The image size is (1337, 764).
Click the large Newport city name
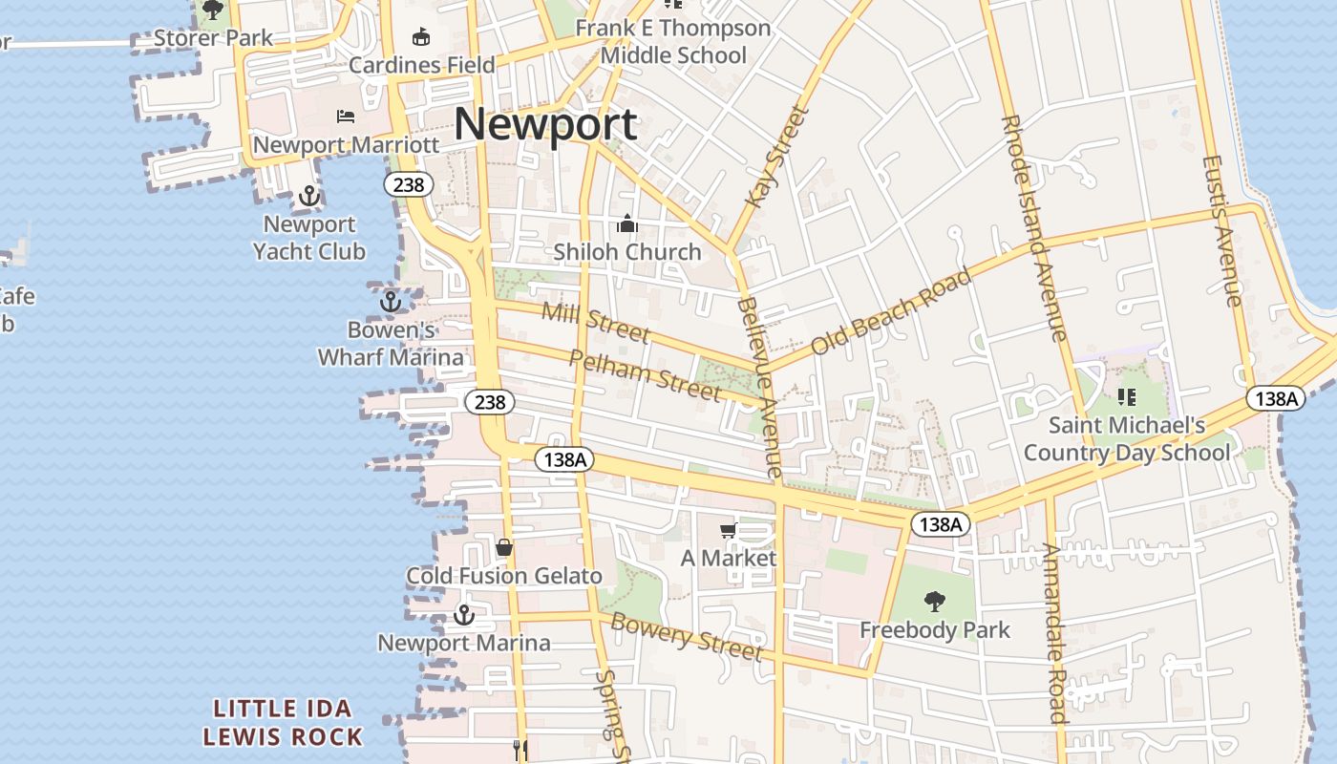545,125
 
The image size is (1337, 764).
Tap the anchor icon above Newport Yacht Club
308,197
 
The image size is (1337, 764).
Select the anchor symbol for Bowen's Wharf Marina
390,302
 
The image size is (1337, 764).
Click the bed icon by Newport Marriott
346,117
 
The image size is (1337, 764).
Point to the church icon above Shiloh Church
627,224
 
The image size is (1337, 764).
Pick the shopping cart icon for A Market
729,530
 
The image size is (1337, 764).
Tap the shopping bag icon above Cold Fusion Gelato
504,547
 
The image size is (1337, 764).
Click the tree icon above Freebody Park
935,602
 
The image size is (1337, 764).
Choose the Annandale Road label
1053,632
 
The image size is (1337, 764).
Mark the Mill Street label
595,322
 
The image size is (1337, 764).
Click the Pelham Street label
646,374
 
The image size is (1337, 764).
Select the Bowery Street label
686,637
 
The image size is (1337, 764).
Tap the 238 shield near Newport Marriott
408,184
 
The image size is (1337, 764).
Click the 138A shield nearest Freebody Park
941,523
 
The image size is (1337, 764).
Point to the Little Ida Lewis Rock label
283,723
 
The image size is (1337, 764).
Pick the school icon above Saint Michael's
1127,396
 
